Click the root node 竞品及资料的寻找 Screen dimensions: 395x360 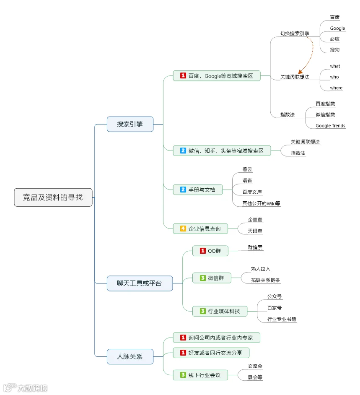tap(53, 197)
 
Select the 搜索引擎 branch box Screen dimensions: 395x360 tap(130, 124)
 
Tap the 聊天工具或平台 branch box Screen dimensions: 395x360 tap(139, 283)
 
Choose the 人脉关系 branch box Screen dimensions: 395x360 tap(130, 356)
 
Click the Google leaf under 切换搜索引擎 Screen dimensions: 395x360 tap(337, 29)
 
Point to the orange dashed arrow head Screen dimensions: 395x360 tap(300, 72)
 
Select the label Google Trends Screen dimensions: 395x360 tap(330, 126)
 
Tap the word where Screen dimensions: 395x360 tap(336, 88)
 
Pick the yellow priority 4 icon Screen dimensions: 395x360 tap(183, 229)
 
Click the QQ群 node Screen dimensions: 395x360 tap(210, 251)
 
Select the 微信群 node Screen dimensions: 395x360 tap(212, 278)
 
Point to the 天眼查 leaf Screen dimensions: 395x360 tap(255, 231)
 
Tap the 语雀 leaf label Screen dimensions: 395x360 tap(247, 181)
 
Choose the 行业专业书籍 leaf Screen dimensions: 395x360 tap(282, 320)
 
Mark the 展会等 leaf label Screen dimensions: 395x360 tap(255, 377)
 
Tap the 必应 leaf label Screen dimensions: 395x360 tap(335, 39)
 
